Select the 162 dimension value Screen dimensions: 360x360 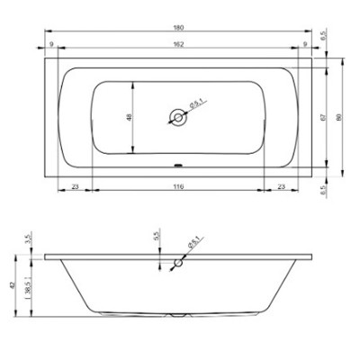point(178,44)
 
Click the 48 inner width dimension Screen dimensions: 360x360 point(129,117)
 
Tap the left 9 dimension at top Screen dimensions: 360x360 point(52,44)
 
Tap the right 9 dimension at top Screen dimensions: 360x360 point(305,44)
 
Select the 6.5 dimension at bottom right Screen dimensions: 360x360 point(323,190)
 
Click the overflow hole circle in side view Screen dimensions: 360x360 point(177,265)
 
